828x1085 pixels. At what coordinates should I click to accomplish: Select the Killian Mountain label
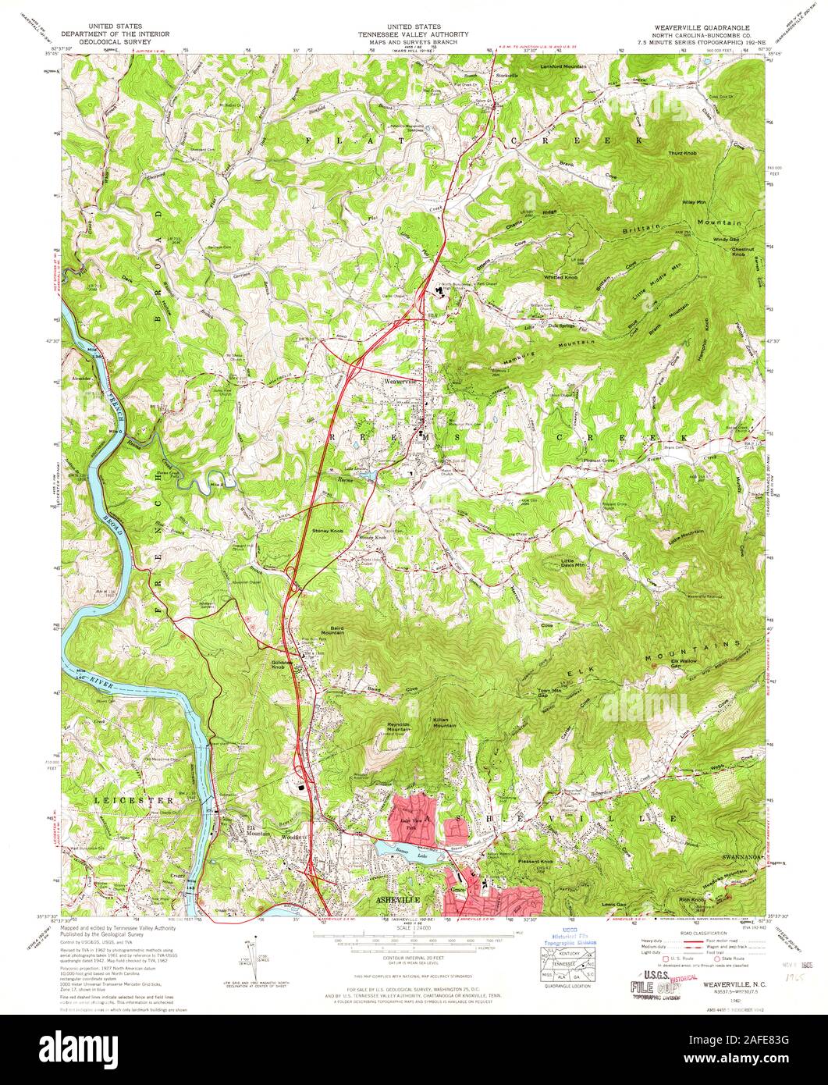coord(445,722)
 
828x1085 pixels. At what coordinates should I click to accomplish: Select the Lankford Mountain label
coord(563,67)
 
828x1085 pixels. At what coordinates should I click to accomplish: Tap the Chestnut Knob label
coord(741,252)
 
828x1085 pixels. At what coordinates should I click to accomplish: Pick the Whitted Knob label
coord(561,277)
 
